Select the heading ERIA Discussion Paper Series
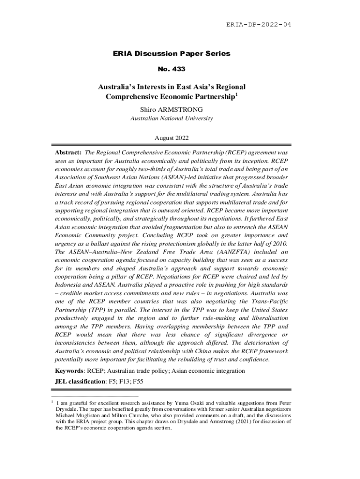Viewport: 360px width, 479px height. click(172, 53)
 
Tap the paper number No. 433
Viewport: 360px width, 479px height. click(172, 69)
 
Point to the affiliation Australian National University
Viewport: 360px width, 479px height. click(171, 118)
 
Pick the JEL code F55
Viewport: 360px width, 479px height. click(138, 382)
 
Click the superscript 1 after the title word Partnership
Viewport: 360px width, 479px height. click(236, 95)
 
